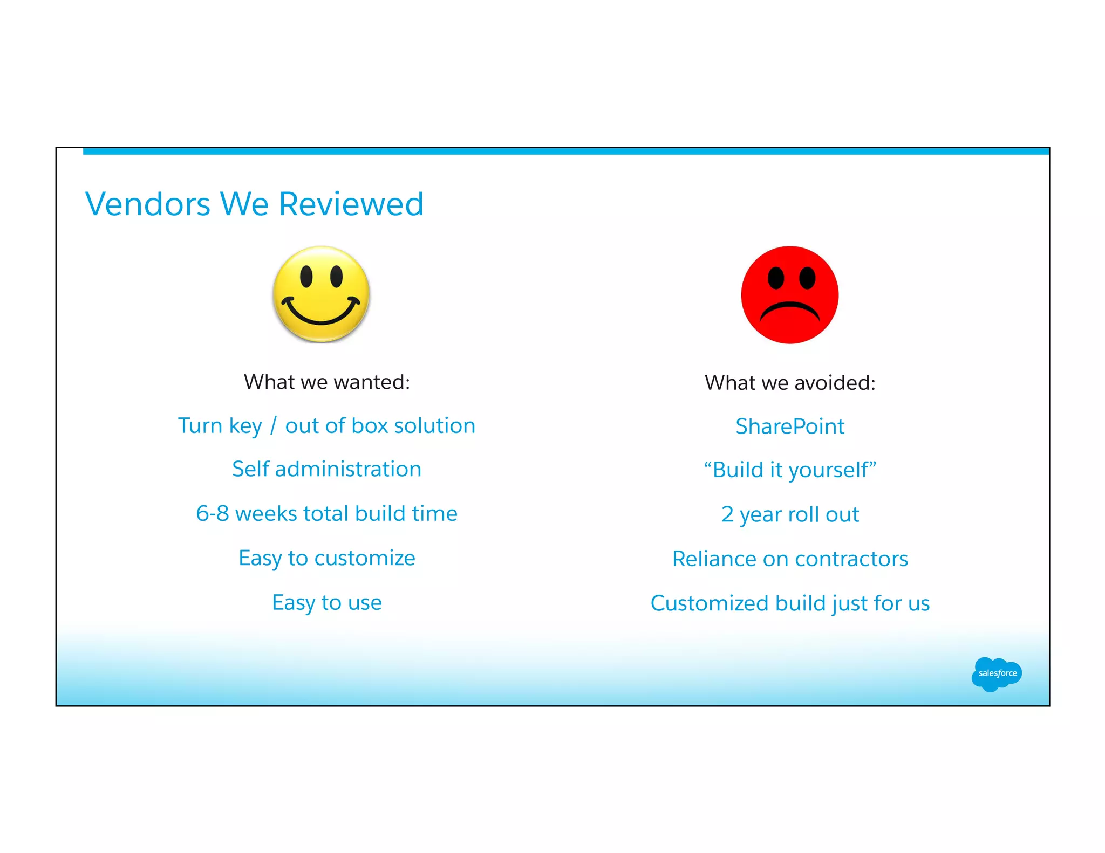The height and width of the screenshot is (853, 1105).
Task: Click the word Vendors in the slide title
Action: tap(147, 204)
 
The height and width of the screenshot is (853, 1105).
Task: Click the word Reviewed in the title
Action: tap(351, 204)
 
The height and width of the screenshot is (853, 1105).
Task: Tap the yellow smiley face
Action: tap(321, 294)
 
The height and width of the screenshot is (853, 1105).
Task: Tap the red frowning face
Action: tap(789, 295)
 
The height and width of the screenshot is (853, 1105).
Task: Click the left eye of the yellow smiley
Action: tap(306, 276)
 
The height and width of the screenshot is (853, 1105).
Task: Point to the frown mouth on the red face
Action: tap(789, 311)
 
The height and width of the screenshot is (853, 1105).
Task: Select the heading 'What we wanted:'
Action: tap(327, 382)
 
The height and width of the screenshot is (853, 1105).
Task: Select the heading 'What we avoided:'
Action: tap(790, 383)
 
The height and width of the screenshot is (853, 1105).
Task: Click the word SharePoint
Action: tap(790, 426)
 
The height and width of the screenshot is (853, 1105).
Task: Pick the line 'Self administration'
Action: tap(327, 469)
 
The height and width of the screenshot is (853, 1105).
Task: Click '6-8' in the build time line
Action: tap(213, 514)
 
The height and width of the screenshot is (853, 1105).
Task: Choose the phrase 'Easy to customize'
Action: tap(327, 558)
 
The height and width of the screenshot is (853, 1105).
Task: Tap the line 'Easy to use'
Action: tap(327, 602)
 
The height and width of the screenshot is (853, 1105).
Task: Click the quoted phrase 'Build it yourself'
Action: tap(790, 470)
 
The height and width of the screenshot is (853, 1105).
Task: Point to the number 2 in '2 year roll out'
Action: tap(727, 514)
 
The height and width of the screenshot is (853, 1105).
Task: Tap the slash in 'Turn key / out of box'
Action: tap(274, 426)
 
